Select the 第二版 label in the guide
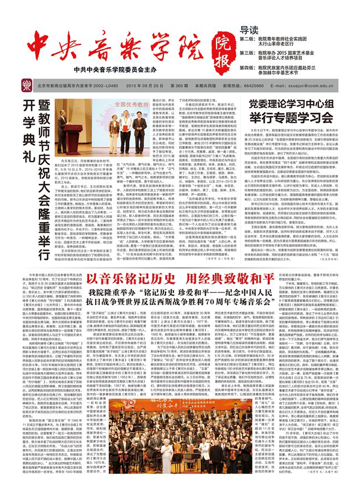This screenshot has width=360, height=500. pos(248,40)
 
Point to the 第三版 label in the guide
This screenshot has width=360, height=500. pos(248,54)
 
